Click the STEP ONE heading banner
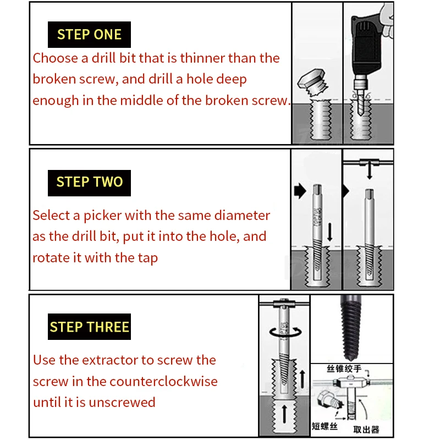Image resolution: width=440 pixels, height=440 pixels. [89, 35]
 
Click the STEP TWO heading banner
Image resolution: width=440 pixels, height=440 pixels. [89, 183]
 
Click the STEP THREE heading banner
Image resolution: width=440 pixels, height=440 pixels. [89, 327]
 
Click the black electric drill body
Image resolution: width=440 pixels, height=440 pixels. [366, 45]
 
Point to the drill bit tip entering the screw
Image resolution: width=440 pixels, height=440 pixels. [361, 113]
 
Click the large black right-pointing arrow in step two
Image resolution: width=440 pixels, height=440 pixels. [300, 191]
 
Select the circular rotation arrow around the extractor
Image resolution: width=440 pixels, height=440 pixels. [285, 332]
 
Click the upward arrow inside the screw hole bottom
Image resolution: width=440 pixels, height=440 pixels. [284, 414]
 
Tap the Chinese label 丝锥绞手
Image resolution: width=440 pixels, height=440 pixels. [344, 369]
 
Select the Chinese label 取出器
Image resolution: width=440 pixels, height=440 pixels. [366, 430]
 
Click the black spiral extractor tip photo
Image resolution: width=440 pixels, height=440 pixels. [350, 328]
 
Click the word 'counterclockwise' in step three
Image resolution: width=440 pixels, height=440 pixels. [163, 381]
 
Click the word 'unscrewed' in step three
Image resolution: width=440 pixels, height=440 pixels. [122, 402]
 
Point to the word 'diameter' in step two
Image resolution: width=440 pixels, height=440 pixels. [242, 216]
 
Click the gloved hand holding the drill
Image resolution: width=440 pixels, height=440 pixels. [387, 20]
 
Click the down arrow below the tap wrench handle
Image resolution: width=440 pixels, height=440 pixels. [370, 172]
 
